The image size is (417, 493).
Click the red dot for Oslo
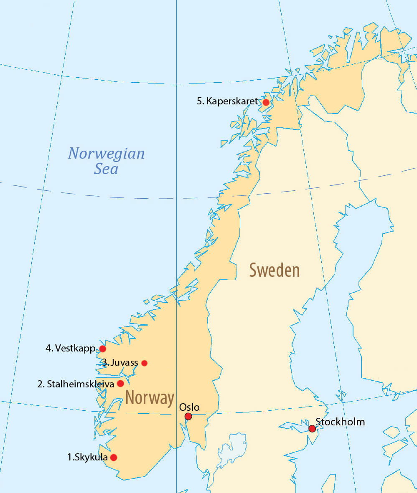pyautogui.click(x=188, y=416)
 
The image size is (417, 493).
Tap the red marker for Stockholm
pyautogui.click(x=312, y=429)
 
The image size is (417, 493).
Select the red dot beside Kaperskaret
pyautogui.click(x=266, y=102)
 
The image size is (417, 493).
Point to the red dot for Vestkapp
pyautogui.click(x=102, y=349)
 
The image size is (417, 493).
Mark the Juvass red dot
pyautogui.click(x=144, y=363)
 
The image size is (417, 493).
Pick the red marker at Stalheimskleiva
pyautogui.click(x=120, y=383)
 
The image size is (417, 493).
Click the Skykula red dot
pyautogui.click(x=113, y=457)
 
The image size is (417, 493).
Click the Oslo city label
pyautogui.click(x=189, y=407)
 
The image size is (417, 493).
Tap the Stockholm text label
pyautogui.click(x=340, y=422)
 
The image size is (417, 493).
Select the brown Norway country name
pyautogui.click(x=150, y=398)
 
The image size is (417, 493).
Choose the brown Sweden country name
pyautogui.click(x=275, y=271)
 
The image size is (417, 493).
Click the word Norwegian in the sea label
pyautogui.click(x=106, y=154)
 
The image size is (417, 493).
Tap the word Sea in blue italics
pyautogui.click(x=106, y=169)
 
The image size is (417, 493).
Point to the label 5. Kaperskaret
pyautogui.click(x=228, y=101)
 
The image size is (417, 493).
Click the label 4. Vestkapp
pyautogui.click(x=71, y=348)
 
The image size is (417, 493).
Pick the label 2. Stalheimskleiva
pyautogui.click(x=76, y=384)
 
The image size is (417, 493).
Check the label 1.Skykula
pyautogui.click(x=87, y=457)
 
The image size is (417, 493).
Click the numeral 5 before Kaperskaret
pyautogui.click(x=200, y=101)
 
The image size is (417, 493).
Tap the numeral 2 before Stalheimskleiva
pyautogui.click(x=40, y=384)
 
